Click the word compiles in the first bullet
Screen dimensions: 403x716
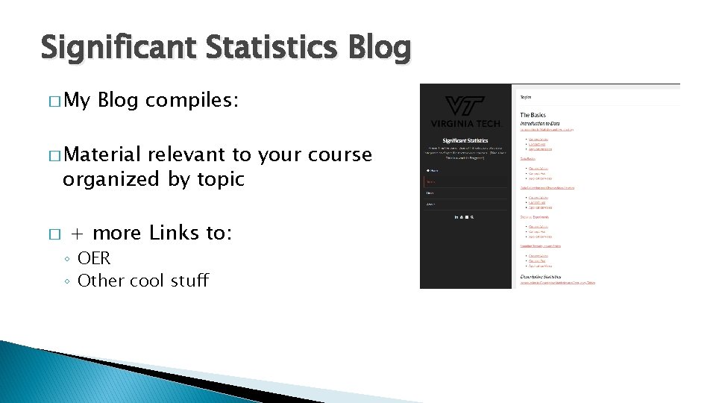(x=192, y=101)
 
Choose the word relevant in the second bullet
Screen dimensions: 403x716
(x=188, y=154)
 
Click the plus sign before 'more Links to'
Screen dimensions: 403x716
(x=76, y=234)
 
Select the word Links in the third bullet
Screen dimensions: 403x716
(x=175, y=233)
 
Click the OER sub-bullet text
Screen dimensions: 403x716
(x=94, y=258)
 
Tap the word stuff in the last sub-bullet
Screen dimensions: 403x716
(x=190, y=281)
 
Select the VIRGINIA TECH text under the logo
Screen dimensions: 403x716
(x=465, y=123)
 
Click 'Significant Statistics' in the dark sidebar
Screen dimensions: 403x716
(x=465, y=140)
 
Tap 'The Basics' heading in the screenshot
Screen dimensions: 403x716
(x=533, y=115)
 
